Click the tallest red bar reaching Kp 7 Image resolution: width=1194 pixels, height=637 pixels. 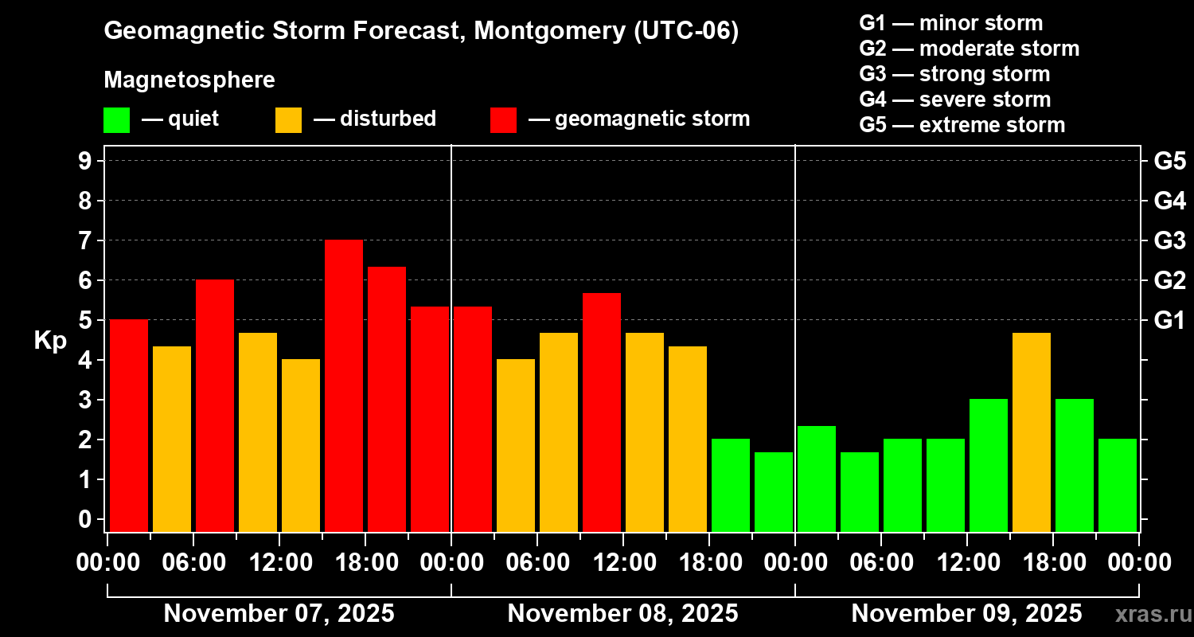point(344,385)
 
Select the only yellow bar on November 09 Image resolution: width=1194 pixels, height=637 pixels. point(1032,432)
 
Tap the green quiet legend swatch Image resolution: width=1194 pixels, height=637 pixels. point(116,120)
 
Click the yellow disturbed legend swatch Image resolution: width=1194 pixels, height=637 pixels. point(288,120)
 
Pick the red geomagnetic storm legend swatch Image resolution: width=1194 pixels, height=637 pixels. point(503,120)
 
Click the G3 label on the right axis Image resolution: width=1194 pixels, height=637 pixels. point(1169,240)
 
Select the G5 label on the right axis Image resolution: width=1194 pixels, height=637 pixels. point(1169,162)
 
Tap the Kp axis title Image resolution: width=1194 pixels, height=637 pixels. point(50,341)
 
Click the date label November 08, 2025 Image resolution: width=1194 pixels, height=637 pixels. point(622,614)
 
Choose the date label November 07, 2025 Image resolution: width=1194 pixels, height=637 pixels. point(279,614)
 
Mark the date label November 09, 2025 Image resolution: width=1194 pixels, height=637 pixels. point(966,614)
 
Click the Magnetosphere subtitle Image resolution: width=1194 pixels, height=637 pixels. point(189,80)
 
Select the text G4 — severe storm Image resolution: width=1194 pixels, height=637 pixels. point(954,100)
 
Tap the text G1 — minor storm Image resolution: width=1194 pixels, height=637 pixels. point(950,23)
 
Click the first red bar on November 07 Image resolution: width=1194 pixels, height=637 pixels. point(129,425)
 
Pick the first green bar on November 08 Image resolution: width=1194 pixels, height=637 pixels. point(731,485)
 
